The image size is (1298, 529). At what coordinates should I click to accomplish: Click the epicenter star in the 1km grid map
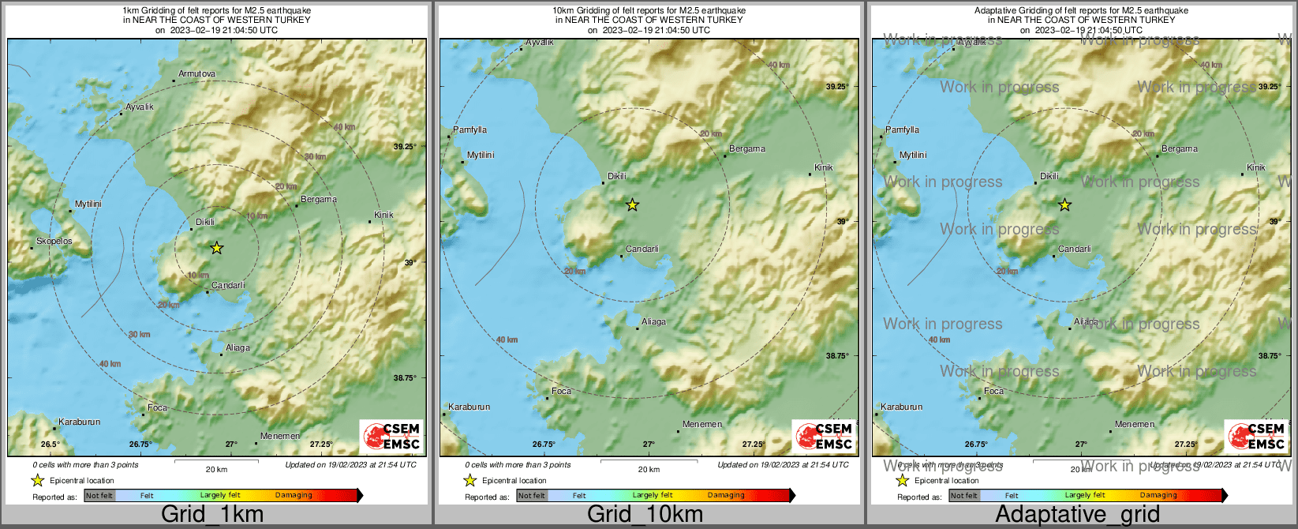[217, 248]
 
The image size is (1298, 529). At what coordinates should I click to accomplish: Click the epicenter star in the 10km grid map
[632, 205]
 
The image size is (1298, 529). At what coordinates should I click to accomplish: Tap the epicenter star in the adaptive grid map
[1064, 205]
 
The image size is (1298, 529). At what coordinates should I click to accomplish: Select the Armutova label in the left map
[196, 73]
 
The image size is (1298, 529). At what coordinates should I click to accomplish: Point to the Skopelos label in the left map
[54, 241]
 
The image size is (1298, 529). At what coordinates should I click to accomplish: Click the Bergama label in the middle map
[746, 148]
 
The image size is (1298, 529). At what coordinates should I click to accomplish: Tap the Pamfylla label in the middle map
[469, 129]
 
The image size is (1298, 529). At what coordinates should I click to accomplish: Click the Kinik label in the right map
[1255, 167]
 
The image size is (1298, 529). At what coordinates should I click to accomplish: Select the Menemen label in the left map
[280, 436]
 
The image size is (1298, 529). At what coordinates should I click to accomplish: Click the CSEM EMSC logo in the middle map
[825, 436]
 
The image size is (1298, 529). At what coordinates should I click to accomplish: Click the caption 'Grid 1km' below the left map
[211, 515]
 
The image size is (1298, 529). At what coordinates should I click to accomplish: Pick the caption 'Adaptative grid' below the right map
[1077, 515]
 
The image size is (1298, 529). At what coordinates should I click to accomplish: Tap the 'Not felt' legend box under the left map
[99, 496]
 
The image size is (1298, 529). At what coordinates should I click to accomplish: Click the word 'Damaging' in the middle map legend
[726, 496]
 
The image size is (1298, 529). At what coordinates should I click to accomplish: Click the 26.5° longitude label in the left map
[50, 445]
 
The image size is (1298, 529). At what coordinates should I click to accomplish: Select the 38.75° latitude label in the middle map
[837, 356]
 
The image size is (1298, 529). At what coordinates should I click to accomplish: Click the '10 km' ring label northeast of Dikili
[256, 216]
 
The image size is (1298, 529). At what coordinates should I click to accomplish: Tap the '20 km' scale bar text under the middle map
[649, 470]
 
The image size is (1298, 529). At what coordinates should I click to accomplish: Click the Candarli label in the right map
[1074, 249]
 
